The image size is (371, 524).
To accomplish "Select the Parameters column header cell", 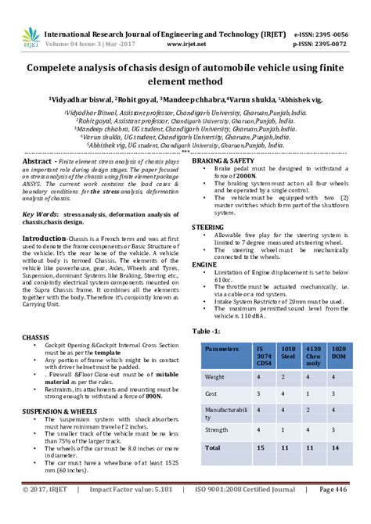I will click(x=222, y=349).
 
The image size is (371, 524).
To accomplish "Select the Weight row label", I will click(x=215, y=377).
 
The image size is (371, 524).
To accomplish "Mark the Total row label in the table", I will click(x=213, y=448).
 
